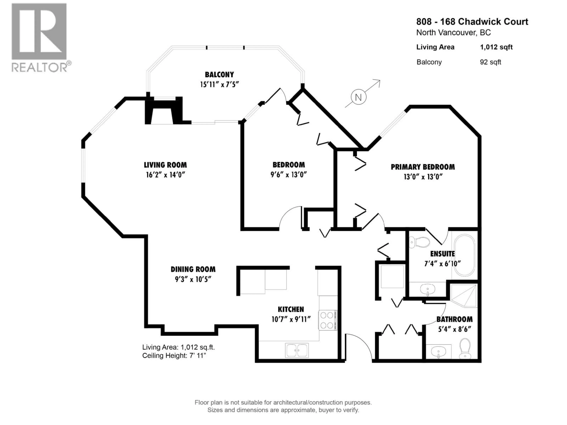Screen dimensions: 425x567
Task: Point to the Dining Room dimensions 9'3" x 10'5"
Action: (193, 279)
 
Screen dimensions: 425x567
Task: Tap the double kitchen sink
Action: (297, 350)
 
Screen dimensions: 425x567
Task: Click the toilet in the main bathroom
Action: (465, 349)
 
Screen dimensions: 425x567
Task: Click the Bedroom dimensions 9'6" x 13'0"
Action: (289, 174)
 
